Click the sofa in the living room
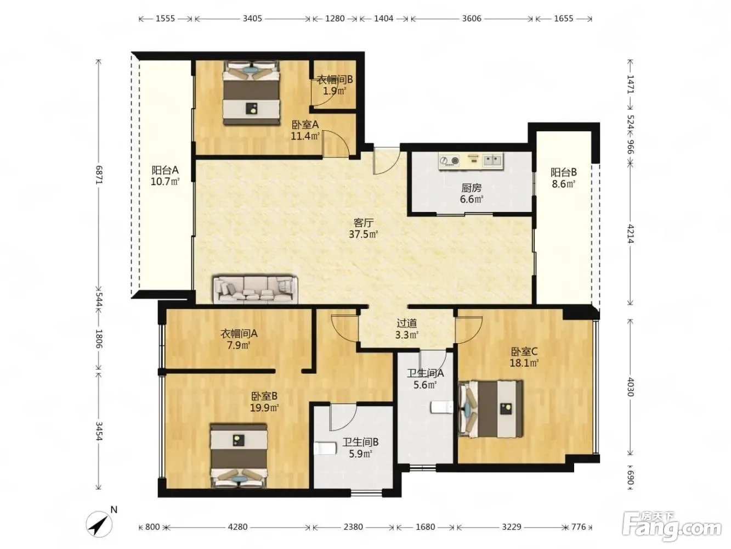tap(256, 289)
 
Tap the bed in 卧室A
tap(251, 92)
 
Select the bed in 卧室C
tap(490, 408)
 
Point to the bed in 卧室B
tap(239, 456)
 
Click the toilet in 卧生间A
tap(441, 407)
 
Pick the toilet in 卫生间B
tap(325, 449)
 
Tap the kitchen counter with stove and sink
tap(471, 161)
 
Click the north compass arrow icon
tap(99, 524)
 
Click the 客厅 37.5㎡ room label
tap(364, 228)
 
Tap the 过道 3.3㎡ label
tap(407, 329)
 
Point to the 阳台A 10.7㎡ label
tap(165, 176)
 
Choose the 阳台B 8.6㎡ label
tap(564, 178)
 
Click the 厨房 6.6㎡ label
tap(471, 194)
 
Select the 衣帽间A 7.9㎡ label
tap(239, 339)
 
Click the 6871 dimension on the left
tap(99, 175)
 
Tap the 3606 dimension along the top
tap(472, 19)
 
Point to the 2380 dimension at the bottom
tap(353, 526)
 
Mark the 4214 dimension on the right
tap(630, 234)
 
